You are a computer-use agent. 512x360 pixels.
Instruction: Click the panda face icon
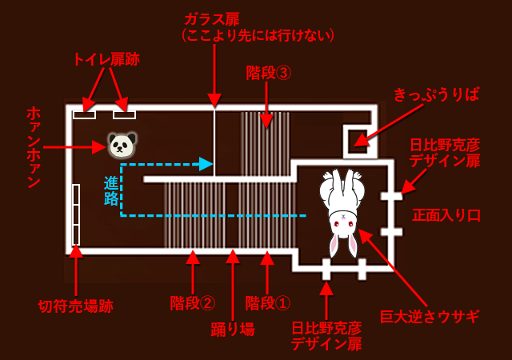pyautogui.click(x=122, y=145)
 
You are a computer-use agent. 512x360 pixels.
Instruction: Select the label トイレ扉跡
pyautogui.click(x=106, y=58)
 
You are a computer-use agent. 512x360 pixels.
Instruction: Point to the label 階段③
pyautogui.click(x=268, y=73)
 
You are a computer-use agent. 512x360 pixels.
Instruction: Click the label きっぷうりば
pyautogui.click(x=436, y=94)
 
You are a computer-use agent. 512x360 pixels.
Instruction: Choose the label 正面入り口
pyautogui.click(x=446, y=214)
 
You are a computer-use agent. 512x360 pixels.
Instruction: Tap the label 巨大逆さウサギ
pyautogui.click(x=430, y=316)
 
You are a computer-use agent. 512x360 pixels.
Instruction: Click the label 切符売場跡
pyautogui.click(x=76, y=306)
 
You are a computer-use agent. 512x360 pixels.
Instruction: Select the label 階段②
pyautogui.click(x=192, y=303)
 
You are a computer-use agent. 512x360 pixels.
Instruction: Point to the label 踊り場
pyautogui.click(x=233, y=328)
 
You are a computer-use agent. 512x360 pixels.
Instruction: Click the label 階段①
pyautogui.click(x=267, y=303)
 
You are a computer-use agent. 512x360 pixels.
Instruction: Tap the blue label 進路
pyautogui.click(x=111, y=190)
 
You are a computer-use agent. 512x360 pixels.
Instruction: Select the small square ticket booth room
pyautogui.click(x=357, y=142)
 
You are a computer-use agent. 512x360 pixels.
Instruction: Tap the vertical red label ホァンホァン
pyautogui.click(x=33, y=148)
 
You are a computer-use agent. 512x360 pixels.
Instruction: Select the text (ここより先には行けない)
pyautogui.click(x=258, y=36)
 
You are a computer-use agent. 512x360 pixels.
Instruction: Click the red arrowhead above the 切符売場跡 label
pyautogui.click(x=76, y=250)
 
